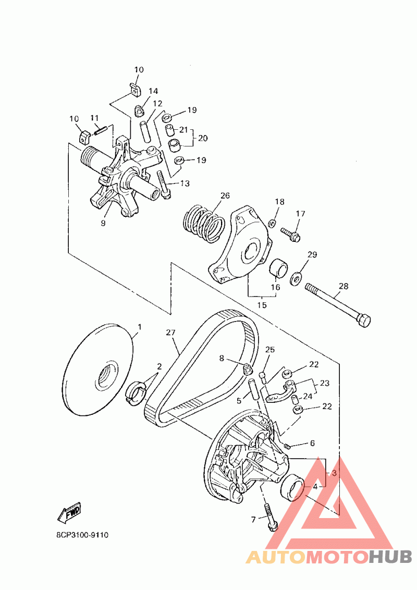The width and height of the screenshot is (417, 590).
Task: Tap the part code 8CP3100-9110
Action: tap(82, 535)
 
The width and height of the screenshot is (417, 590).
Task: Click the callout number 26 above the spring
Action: tap(225, 196)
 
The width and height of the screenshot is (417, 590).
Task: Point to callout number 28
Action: tap(343, 286)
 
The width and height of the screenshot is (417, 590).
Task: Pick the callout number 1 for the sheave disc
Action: tap(139, 327)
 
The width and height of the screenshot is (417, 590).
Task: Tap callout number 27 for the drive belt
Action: tap(170, 332)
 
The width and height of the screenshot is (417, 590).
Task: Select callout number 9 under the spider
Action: tap(103, 223)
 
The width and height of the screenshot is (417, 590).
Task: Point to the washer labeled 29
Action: tap(297, 276)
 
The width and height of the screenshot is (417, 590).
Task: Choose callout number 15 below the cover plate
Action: tap(262, 305)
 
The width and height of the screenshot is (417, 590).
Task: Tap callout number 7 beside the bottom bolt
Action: tap(254, 519)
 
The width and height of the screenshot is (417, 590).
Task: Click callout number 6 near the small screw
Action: tap(312, 444)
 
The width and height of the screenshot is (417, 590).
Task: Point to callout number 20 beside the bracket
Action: tap(203, 138)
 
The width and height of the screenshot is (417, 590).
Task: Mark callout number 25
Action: tap(269, 349)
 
